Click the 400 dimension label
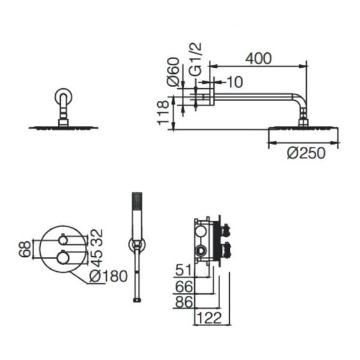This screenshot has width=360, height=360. click(258, 59)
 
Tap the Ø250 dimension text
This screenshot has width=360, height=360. click(306, 153)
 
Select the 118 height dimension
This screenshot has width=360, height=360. click(163, 113)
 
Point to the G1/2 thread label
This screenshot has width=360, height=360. click(196, 59)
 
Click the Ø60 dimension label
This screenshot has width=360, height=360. click(173, 72)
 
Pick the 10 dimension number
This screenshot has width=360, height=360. click(235, 82)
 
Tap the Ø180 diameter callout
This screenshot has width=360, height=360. click(109, 276)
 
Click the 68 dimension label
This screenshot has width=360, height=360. click(25, 249)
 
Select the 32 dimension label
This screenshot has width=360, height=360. click(97, 238)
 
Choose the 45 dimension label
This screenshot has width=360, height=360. click(97, 258)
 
